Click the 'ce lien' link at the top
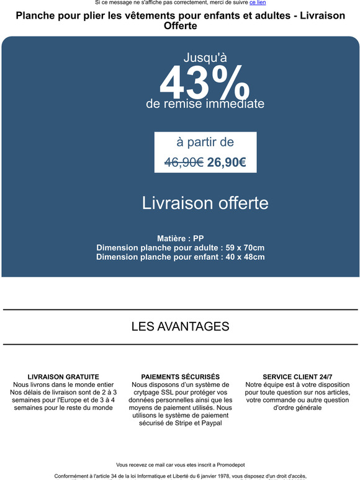pos(258,3)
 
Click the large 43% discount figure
pos(205,82)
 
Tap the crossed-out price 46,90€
pos(184,162)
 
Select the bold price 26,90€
pos(227,162)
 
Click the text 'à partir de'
pos(205,142)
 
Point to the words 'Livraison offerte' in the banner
pos(205,203)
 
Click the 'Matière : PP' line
pos(181,238)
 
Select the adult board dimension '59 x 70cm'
pos(246,247)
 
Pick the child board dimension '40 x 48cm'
pos(245,257)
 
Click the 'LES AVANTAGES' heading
pos(180,326)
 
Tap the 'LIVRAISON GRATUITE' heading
pos(63,376)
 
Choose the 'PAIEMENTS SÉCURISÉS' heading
pos(180,376)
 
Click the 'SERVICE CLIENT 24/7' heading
pos(297,376)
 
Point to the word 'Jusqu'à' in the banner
pos(205,58)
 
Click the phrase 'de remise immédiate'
pos(205,104)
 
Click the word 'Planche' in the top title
pos(37,16)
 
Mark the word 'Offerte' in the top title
pos(180,26)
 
